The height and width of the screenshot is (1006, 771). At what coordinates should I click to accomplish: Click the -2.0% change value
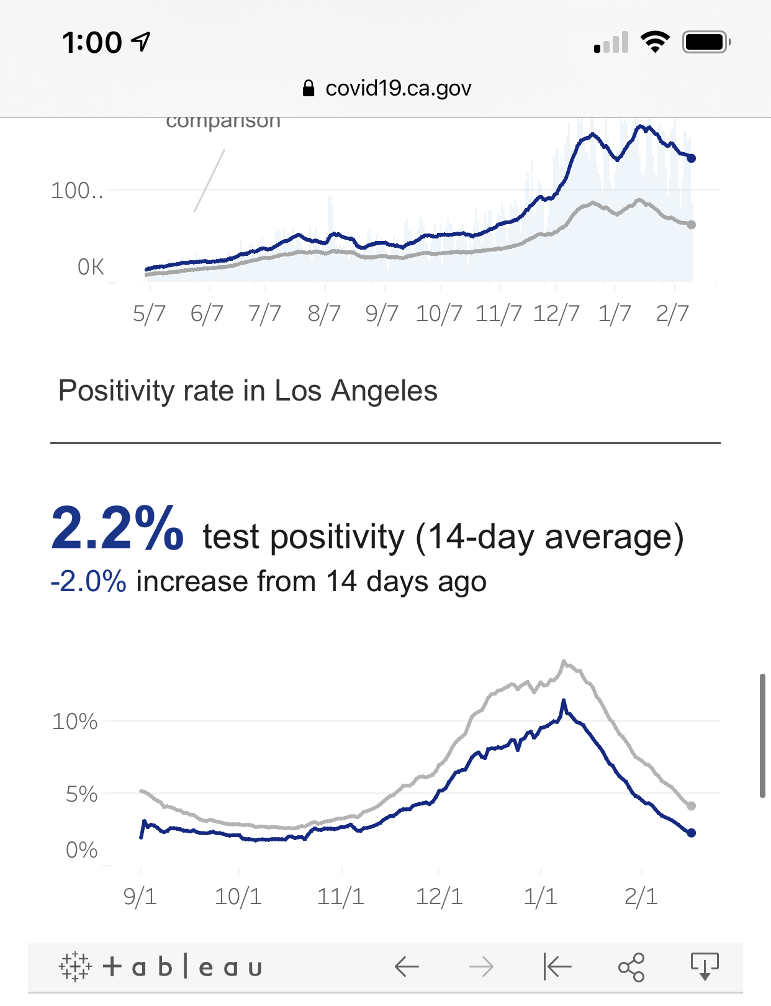[x=88, y=582]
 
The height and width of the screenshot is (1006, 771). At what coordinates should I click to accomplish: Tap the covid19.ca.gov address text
[x=398, y=88]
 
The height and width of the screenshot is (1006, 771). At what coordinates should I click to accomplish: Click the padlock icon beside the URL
[x=309, y=88]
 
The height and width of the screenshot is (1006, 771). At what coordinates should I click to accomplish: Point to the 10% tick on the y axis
[x=74, y=722]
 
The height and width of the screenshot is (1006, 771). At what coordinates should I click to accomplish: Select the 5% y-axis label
[x=81, y=794]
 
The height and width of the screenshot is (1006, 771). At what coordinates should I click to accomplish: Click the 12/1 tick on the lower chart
[x=439, y=897]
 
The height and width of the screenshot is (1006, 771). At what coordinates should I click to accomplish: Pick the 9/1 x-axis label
[x=140, y=897]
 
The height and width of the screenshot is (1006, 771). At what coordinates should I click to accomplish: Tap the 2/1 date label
[x=641, y=897]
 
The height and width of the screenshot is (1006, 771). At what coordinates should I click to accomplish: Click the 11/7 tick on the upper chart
[x=498, y=314]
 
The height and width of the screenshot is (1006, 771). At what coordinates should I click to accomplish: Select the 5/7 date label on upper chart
[x=149, y=314]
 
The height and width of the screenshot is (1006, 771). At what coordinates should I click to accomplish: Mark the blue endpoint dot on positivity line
[x=692, y=833]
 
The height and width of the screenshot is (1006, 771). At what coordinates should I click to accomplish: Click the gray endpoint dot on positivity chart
[x=692, y=806]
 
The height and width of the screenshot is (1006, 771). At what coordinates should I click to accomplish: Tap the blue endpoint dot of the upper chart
[x=692, y=158]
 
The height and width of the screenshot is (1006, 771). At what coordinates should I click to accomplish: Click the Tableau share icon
[x=631, y=967]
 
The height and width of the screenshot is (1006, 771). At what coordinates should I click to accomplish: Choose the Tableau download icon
[x=705, y=966]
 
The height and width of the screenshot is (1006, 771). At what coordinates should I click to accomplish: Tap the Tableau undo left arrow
[x=407, y=967]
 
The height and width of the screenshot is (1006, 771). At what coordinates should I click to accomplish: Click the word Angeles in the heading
[x=384, y=391]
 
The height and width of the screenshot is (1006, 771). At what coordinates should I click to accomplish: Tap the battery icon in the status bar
[x=706, y=42]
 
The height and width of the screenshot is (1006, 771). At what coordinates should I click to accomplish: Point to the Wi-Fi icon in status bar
[x=655, y=42]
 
